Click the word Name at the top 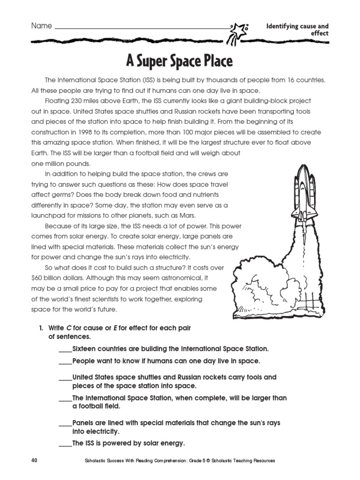tap(41, 26)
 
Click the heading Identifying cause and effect tap(297, 30)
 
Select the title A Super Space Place tap(180, 61)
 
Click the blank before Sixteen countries tap(65, 349)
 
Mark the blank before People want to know tap(65, 361)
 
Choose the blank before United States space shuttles tap(65, 377)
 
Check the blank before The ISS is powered tap(65, 443)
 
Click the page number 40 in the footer tap(34, 461)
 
